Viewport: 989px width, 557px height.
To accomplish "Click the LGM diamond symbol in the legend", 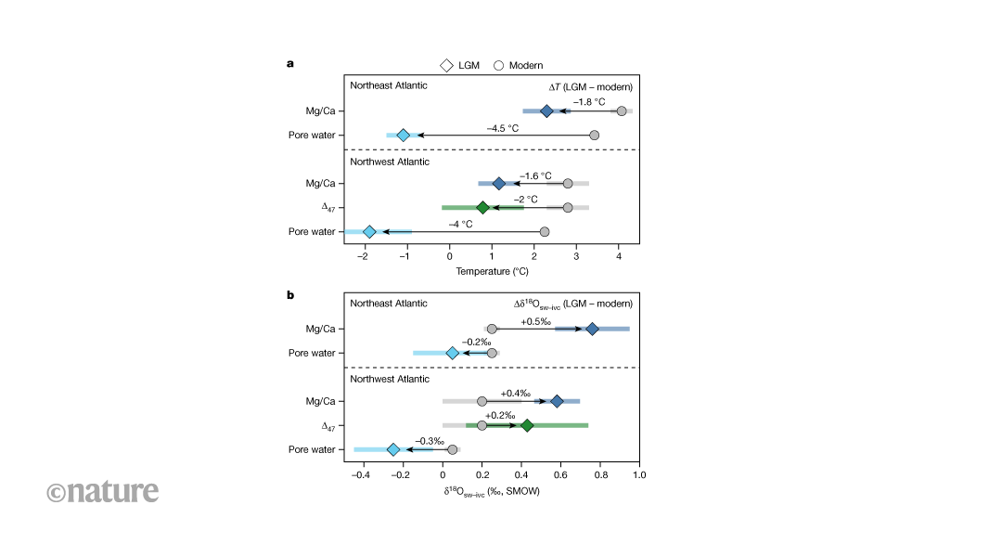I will (446, 65).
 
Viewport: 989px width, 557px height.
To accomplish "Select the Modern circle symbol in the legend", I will (498, 65).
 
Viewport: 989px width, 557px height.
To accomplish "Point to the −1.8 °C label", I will (588, 101).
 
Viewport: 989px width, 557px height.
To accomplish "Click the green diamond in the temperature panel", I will (482, 207).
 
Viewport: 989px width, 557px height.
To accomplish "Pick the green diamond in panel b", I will (527, 425).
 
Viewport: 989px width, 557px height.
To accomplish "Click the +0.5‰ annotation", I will (536, 320).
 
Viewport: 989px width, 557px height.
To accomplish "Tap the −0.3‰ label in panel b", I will (427, 440).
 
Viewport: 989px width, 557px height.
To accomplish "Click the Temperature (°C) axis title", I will (492, 272).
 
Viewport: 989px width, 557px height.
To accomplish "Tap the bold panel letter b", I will (290, 294).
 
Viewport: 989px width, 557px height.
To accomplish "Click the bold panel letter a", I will (290, 63).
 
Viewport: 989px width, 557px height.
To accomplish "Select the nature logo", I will (102, 490).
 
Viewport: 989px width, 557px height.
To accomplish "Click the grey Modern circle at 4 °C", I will (622, 111).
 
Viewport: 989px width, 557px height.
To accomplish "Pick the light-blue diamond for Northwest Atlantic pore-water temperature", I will (369, 231).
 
